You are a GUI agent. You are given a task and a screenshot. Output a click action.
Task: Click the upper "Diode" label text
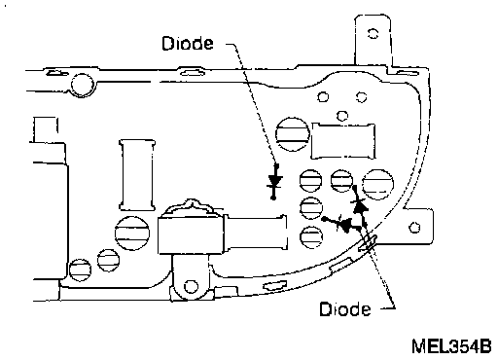point(188,44)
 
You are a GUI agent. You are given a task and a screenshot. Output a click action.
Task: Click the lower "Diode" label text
point(345,309)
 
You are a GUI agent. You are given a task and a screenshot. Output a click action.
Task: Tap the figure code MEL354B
point(451,346)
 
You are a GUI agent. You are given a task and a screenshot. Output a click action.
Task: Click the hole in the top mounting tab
point(373,33)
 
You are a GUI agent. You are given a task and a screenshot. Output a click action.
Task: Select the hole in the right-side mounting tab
point(414,227)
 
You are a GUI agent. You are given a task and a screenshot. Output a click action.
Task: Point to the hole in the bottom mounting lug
point(191,286)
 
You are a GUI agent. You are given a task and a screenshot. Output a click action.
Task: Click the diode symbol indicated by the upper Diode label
point(274,181)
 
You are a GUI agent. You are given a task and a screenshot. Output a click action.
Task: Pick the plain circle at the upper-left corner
point(83,85)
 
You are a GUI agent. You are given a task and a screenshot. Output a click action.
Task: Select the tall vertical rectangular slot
point(137,175)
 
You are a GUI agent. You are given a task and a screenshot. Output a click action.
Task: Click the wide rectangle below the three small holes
point(343,141)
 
